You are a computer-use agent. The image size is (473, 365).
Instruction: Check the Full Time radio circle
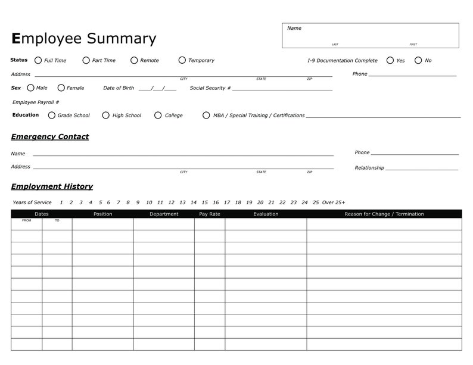click(x=38, y=60)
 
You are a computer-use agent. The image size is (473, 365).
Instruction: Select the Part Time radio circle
click(x=86, y=60)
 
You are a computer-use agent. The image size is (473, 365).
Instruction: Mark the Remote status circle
click(x=134, y=60)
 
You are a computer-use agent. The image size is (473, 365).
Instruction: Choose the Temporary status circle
click(x=182, y=60)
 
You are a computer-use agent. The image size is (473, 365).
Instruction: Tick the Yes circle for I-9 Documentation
click(x=390, y=60)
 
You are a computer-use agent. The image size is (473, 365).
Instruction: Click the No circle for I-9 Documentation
click(x=418, y=60)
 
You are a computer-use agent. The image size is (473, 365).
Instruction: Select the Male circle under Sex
click(x=31, y=88)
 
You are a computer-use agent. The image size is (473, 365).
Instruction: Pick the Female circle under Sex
click(x=61, y=88)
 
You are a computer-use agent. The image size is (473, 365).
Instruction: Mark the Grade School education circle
click(x=52, y=116)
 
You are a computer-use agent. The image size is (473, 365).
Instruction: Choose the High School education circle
click(x=106, y=116)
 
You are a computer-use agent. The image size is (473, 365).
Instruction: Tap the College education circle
click(x=158, y=116)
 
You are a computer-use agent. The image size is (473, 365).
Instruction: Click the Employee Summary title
click(x=84, y=39)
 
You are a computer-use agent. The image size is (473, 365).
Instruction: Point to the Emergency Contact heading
click(x=50, y=137)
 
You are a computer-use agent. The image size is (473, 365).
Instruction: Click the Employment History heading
click(x=52, y=186)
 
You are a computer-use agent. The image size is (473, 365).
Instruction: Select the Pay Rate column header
click(x=210, y=214)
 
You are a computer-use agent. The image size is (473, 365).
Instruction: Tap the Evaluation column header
click(x=266, y=214)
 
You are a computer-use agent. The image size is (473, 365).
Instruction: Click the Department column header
click(x=164, y=214)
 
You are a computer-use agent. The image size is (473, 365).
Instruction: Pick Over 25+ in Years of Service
click(x=334, y=202)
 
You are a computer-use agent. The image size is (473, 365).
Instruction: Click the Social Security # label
click(x=210, y=88)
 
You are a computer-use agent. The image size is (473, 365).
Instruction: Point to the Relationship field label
click(x=369, y=168)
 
